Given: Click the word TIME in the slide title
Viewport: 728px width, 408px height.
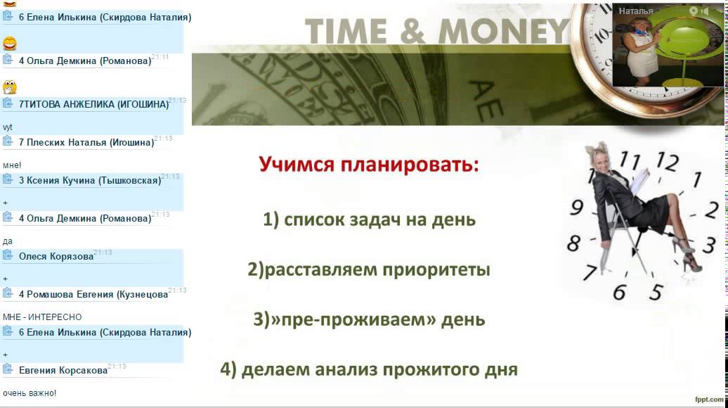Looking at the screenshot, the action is pos(346,32).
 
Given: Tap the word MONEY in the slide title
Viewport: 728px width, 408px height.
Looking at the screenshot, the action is pos(505,32).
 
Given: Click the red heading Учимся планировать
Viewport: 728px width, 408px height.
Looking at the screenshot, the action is pos(369,165).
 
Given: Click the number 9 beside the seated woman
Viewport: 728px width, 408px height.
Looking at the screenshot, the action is pos(576,208).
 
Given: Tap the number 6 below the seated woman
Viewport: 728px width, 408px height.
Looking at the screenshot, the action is pos(619,293).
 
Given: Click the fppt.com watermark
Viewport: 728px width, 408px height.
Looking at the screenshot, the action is pos(709,399).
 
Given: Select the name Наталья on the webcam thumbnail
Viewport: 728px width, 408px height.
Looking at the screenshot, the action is pos(636,11).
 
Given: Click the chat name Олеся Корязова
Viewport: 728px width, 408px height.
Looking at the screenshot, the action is pos(56,257).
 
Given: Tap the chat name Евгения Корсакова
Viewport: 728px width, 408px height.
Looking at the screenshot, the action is pos(63,370).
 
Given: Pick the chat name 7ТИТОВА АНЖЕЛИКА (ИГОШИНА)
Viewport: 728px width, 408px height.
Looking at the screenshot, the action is pos(93,104).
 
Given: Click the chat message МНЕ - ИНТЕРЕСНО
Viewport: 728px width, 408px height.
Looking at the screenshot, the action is pos(42,317).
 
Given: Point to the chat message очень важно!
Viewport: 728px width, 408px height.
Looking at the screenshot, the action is pos(30,393).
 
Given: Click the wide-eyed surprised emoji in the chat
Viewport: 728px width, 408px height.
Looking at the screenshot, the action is pos(10,87).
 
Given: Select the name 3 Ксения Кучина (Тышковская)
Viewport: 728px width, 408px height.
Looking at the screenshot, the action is pos(90,180).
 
